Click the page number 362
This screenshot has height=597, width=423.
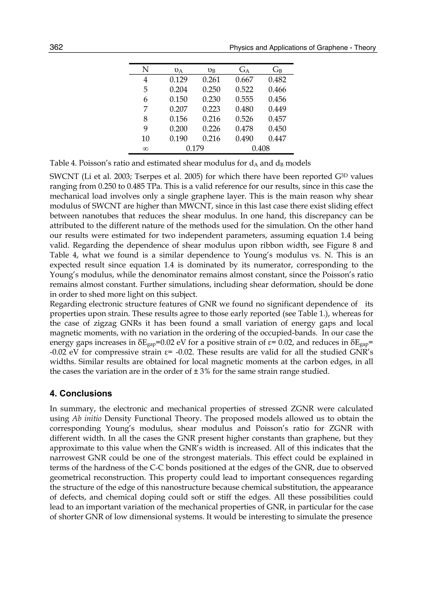tap(56, 47)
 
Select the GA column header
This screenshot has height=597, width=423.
tap(244, 70)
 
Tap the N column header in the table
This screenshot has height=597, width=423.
tap(145, 70)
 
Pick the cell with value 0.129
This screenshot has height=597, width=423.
tap(178, 80)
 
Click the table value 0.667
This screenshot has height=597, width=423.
tap(244, 80)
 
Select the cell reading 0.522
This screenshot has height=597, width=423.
tap(244, 90)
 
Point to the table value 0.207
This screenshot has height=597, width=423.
tap(178, 109)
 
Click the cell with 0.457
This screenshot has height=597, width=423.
tap(277, 119)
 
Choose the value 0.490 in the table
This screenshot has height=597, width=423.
tap(244, 139)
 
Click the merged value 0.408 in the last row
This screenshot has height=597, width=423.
tap(260, 149)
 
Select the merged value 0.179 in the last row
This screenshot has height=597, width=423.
tap(195, 149)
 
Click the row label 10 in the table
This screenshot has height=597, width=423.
tap(145, 139)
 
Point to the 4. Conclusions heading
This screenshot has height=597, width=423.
tap(81, 393)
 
